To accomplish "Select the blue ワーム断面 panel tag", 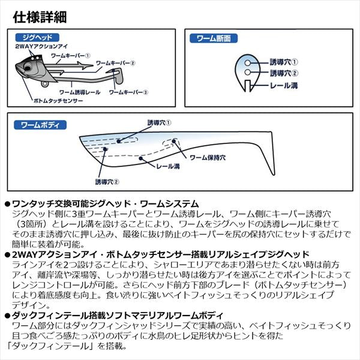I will pyautogui.click(x=214, y=38).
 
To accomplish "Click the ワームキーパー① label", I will pyautogui.click(x=71, y=55).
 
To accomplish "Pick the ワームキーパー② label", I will pyautogui.click(x=116, y=62).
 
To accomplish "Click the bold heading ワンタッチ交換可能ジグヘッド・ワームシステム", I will pyautogui.click(x=105, y=204).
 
